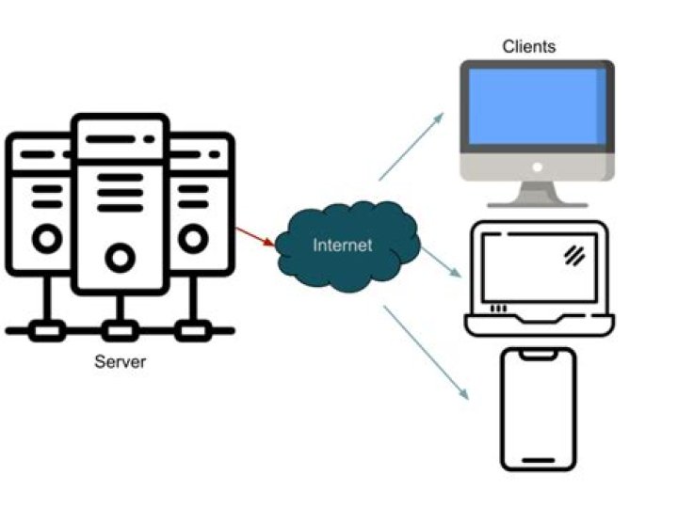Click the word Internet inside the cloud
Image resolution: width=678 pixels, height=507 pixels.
343,246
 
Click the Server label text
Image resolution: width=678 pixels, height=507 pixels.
121,361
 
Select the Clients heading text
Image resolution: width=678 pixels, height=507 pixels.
528,46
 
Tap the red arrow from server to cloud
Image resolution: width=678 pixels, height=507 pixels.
255,236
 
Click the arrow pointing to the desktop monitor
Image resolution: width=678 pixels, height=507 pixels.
411,146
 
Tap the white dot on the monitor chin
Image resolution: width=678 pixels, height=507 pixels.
537,166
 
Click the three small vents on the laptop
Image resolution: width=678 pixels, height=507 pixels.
498,308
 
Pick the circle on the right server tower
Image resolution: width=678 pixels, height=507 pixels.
193,239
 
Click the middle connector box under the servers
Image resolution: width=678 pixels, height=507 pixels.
120,330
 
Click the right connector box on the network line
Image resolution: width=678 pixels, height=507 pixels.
194,330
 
